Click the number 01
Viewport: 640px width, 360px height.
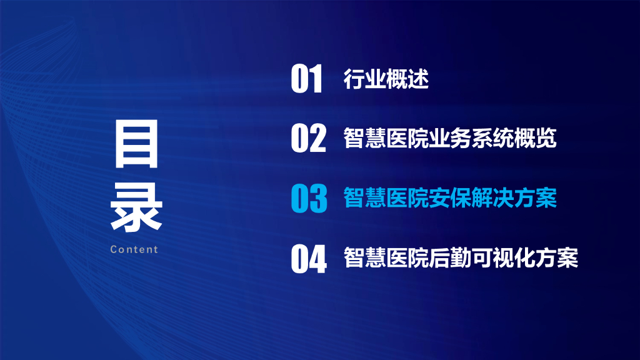click(307, 79)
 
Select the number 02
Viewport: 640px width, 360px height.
click(309, 138)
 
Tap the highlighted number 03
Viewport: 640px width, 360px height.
click(309, 198)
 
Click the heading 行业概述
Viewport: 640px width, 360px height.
click(386, 79)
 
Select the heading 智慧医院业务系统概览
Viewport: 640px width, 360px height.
click(450, 138)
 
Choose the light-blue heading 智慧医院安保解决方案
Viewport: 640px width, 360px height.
click(450, 198)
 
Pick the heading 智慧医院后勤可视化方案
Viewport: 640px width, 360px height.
click(461, 258)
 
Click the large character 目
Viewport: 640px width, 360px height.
click(137, 146)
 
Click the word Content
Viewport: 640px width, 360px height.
click(134, 249)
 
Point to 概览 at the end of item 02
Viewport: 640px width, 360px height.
click(535, 138)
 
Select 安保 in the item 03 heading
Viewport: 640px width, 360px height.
click(449, 198)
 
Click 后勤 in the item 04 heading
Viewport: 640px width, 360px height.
click(449, 258)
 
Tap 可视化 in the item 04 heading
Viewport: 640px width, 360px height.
click(502, 258)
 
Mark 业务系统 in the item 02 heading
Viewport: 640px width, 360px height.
click(471, 138)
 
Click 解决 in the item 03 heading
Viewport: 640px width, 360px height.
click(492, 198)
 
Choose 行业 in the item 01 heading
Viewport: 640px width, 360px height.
click(364, 79)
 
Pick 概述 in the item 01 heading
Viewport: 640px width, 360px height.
click(407, 79)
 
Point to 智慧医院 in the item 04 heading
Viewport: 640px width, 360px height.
click(386, 258)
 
